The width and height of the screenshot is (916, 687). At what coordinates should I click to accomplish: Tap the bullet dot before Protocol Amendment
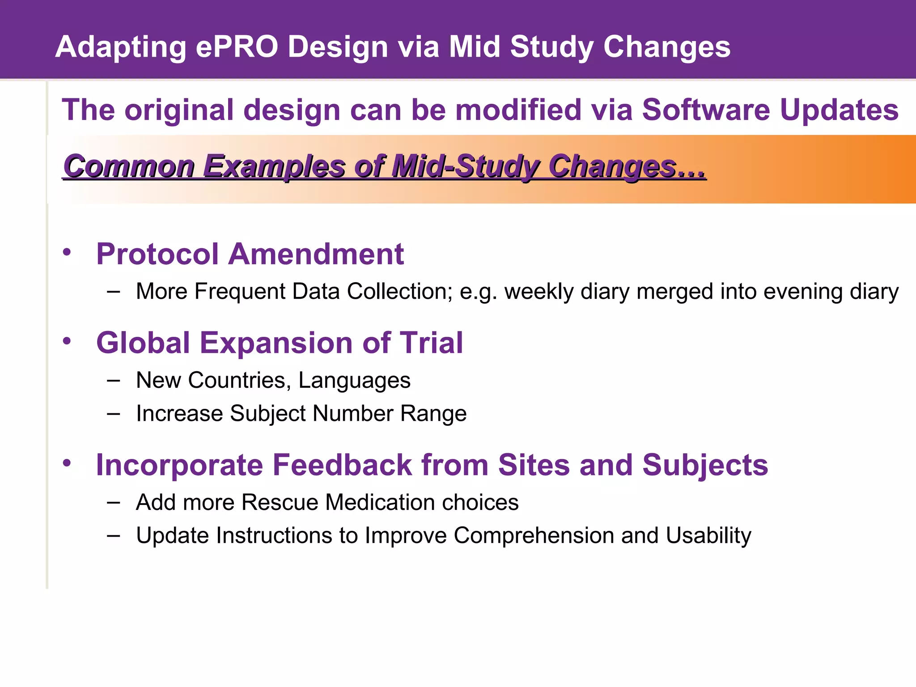click(x=67, y=252)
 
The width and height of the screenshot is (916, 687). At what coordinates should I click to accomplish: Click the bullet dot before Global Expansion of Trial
click(x=67, y=341)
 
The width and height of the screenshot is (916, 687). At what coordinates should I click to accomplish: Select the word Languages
click(x=354, y=381)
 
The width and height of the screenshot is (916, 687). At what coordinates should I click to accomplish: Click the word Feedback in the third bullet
click(x=342, y=465)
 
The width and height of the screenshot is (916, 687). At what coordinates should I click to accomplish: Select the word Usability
click(x=708, y=536)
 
